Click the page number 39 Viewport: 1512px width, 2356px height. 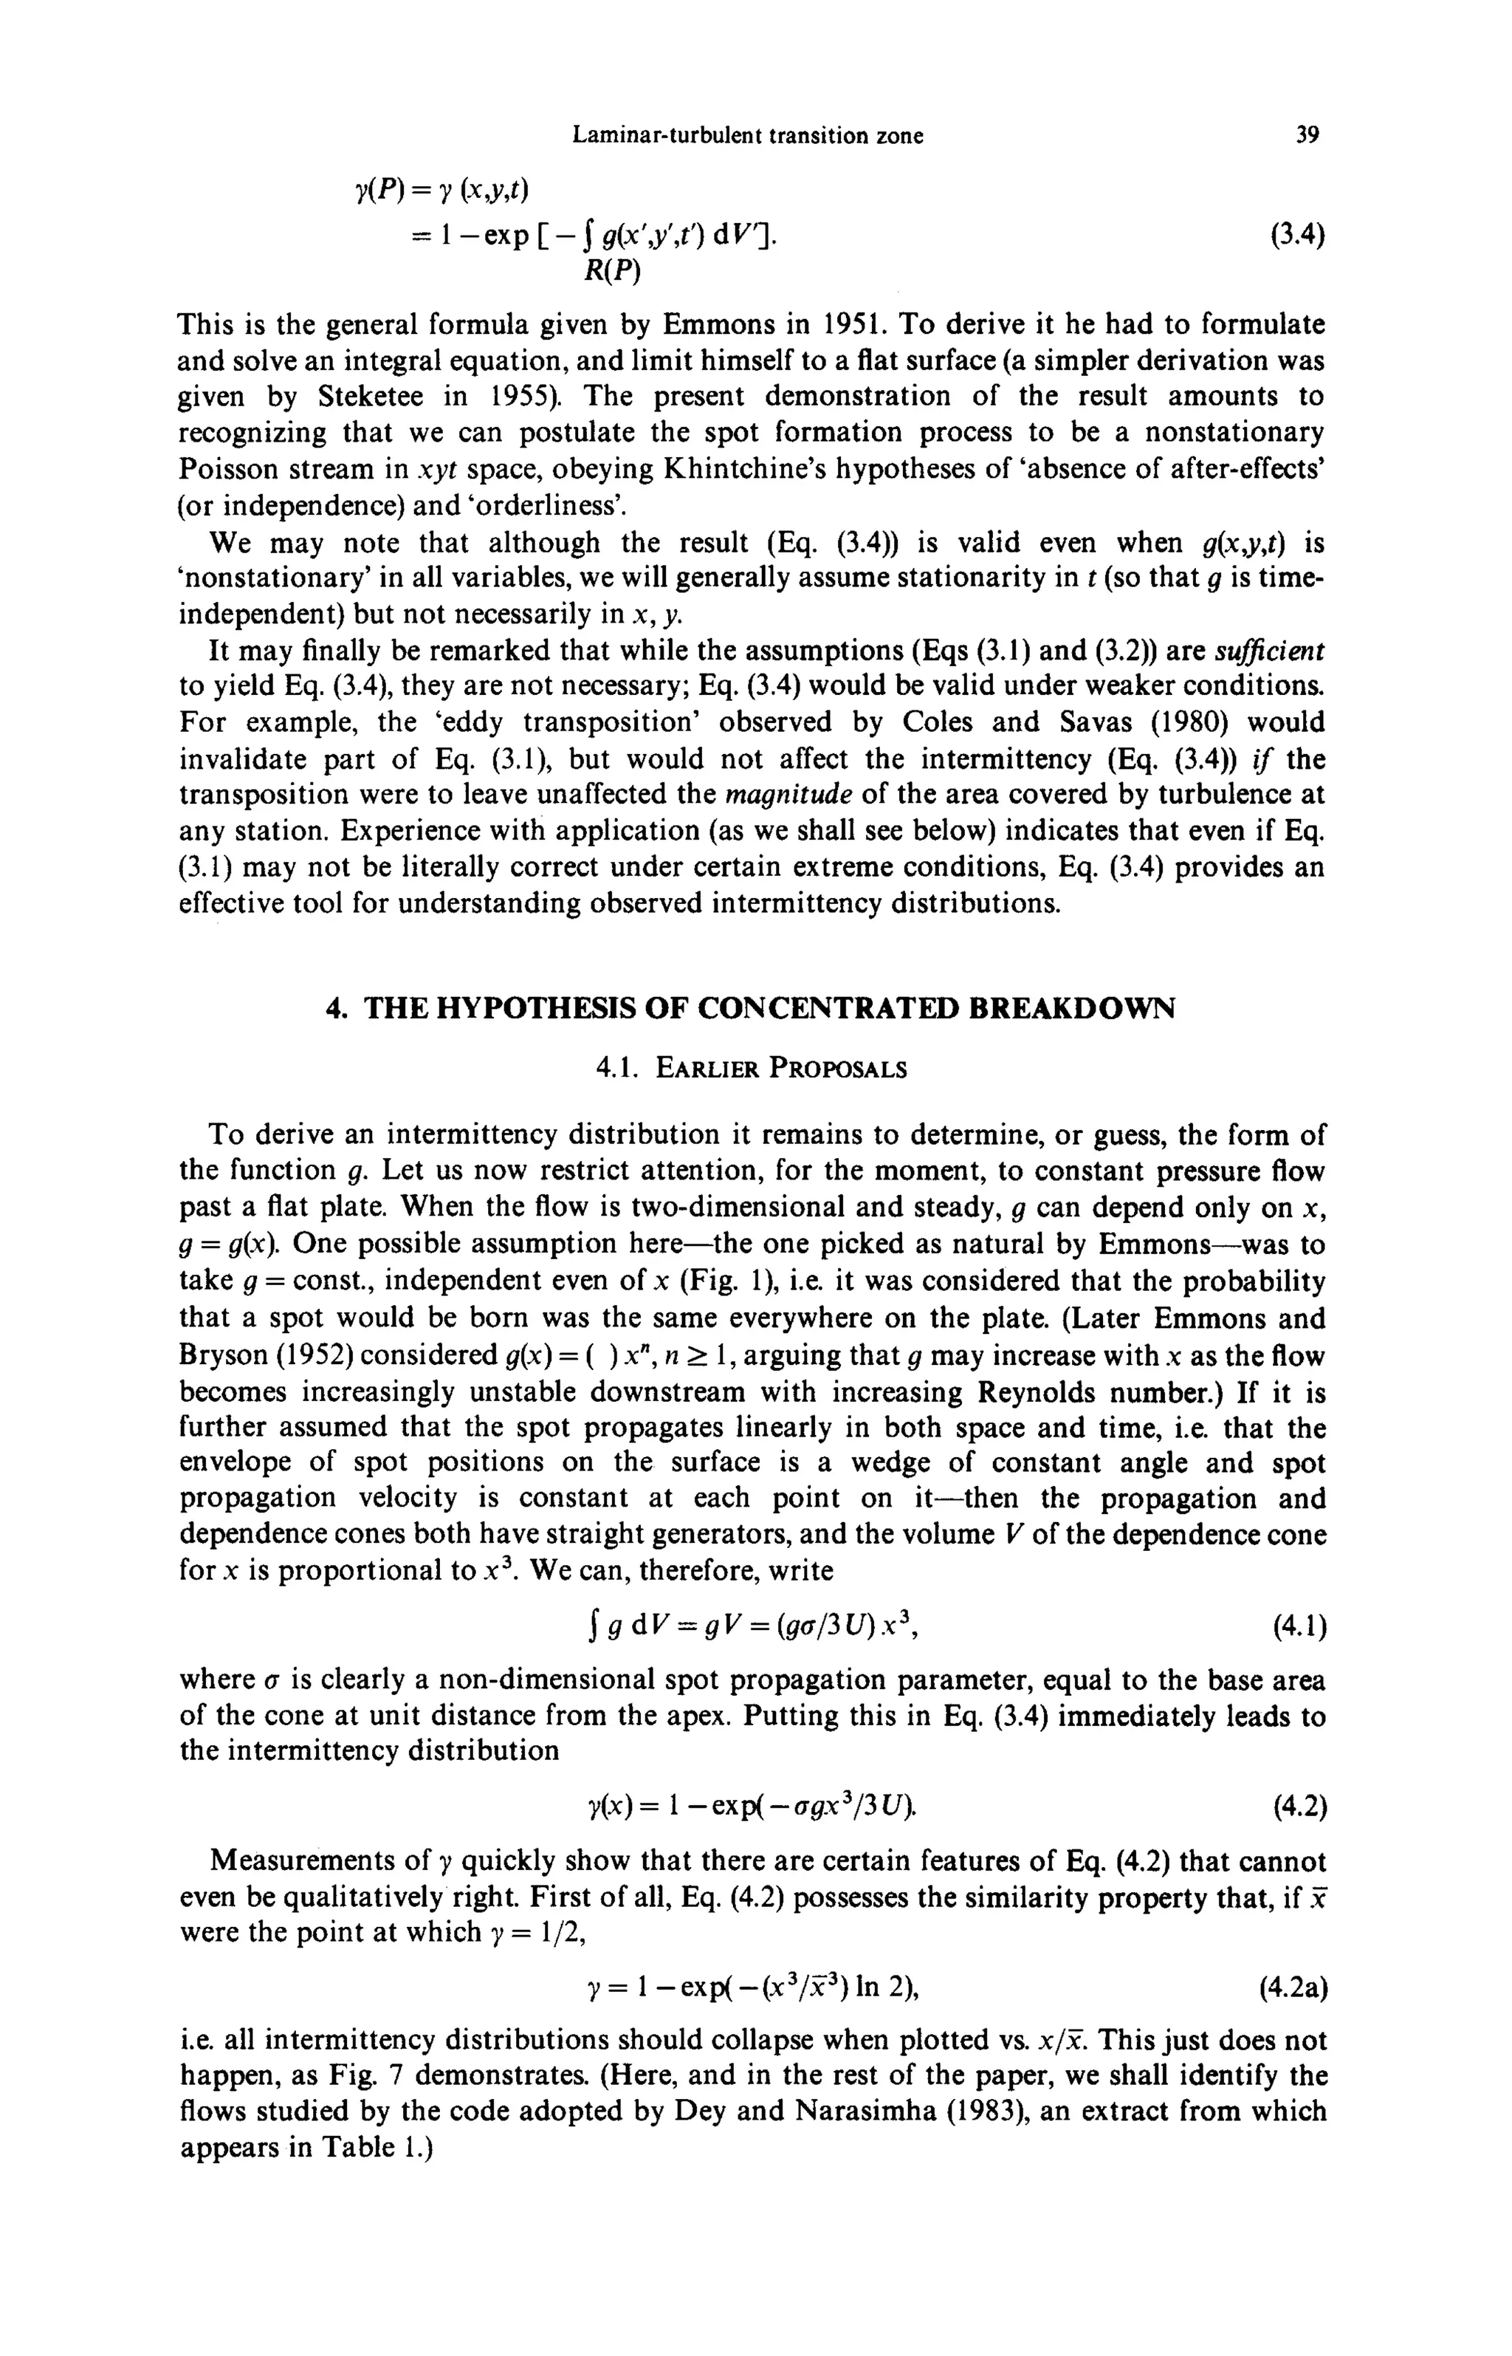click(1307, 136)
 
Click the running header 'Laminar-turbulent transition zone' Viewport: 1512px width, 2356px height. click(747, 136)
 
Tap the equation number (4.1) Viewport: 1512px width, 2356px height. click(1299, 1629)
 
